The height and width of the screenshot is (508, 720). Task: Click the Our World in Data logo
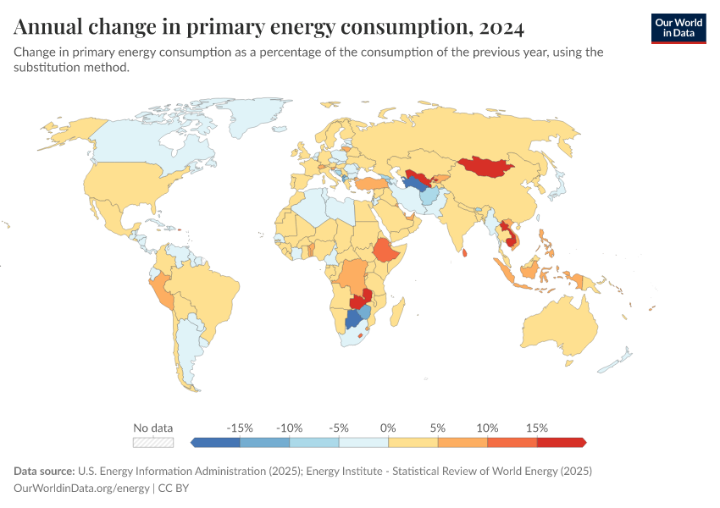tap(678, 28)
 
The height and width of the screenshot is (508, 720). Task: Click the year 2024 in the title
tap(501, 28)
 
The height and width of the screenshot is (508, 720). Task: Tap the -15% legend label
tap(241, 428)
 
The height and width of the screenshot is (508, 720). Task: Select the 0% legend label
tap(388, 428)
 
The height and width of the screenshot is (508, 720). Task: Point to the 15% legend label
tap(536, 428)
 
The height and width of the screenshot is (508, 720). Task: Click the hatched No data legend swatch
tap(153, 442)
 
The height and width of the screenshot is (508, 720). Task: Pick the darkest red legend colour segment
tap(561, 442)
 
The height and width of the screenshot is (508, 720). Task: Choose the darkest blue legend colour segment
tap(216, 442)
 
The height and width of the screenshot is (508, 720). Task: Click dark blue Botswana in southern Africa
tap(353, 321)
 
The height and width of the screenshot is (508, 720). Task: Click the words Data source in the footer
tap(43, 471)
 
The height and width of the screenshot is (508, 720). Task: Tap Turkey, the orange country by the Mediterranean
tap(369, 182)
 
